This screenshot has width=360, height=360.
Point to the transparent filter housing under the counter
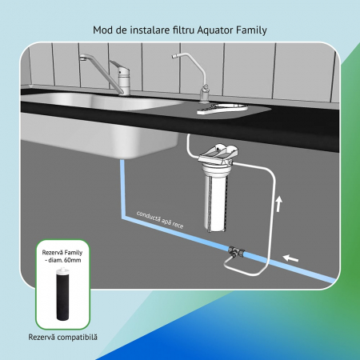coord(217,196)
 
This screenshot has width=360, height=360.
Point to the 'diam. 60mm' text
coord(65,260)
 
